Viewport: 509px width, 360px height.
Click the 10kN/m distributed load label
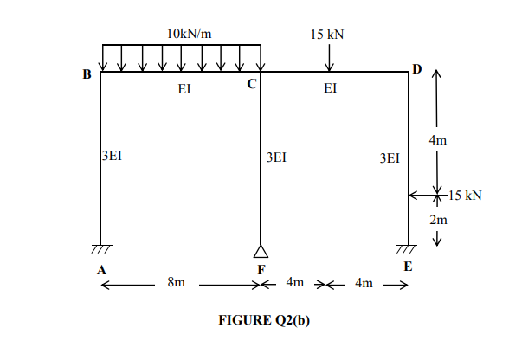click(x=188, y=33)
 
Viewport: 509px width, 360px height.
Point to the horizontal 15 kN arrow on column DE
click(x=422, y=196)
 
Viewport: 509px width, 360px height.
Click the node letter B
click(x=87, y=74)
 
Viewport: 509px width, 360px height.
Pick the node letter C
click(x=251, y=84)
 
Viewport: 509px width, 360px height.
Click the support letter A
click(x=101, y=269)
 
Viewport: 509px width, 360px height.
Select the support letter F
click(x=261, y=269)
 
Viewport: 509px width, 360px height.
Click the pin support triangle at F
click(x=261, y=251)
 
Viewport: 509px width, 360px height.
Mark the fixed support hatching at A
click(x=101, y=249)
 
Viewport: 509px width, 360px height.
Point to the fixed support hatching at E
click(x=409, y=249)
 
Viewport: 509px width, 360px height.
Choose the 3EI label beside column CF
click(x=276, y=157)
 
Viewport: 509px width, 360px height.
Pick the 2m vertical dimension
click(x=439, y=220)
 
